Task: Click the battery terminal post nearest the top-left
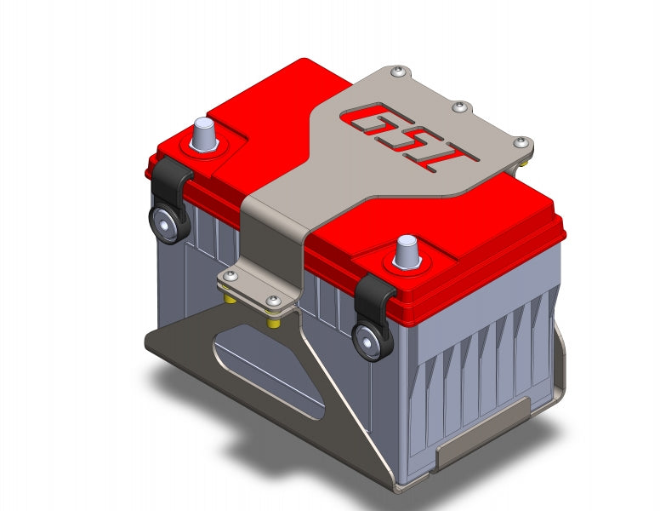coord(203,134)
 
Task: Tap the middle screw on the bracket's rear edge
coord(459,107)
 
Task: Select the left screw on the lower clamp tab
coord(230,276)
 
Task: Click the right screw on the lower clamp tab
coord(273,301)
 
